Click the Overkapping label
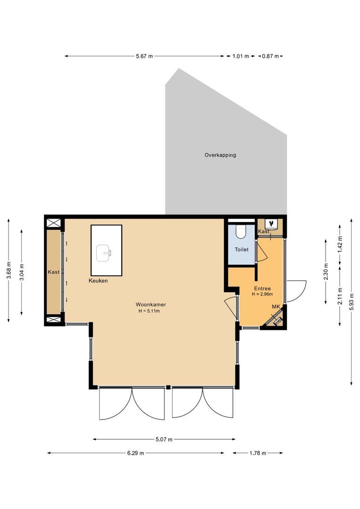(x=220, y=155)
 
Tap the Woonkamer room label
(x=151, y=304)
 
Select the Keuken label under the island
(x=98, y=281)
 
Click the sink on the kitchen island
(x=105, y=253)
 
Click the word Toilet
(x=242, y=250)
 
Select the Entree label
(x=262, y=289)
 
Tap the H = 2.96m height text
(x=262, y=295)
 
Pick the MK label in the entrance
(x=276, y=307)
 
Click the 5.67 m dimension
(x=144, y=57)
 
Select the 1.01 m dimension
(x=240, y=57)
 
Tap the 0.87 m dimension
(x=270, y=57)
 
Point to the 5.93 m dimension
(x=352, y=302)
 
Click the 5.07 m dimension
(x=164, y=440)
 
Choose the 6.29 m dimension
(x=136, y=453)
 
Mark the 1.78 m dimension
(x=258, y=453)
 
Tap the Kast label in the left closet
(x=53, y=272)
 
